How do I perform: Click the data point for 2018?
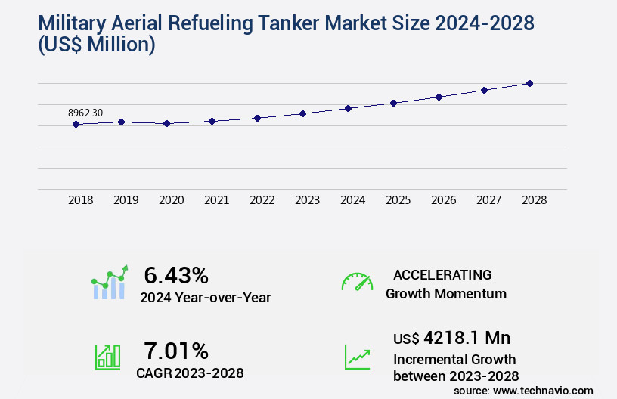(x=76, y=124)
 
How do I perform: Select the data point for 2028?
(x=530, y=83)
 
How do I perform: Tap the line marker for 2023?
(x=303, y=113)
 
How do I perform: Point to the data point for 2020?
(x=167, y=123)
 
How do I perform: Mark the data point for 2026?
(x=439, y=97)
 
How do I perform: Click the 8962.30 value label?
(x=85, y=113)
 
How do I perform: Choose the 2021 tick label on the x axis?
(x=217, y=200)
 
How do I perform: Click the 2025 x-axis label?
(x=398, y=200)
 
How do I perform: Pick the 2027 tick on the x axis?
(x=489, y=200)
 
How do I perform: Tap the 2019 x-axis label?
(x=126, y=200)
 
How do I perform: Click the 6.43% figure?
(x=176, y=275)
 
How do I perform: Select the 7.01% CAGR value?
(x=176, y=351)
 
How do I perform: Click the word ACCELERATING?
(x=442, y=274)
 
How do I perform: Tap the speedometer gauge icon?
(x=357, y=282)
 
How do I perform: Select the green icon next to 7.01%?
(x=107, y=357)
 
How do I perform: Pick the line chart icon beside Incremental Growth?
(x=357, y=357)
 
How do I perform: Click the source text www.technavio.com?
(x=543, y=391)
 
